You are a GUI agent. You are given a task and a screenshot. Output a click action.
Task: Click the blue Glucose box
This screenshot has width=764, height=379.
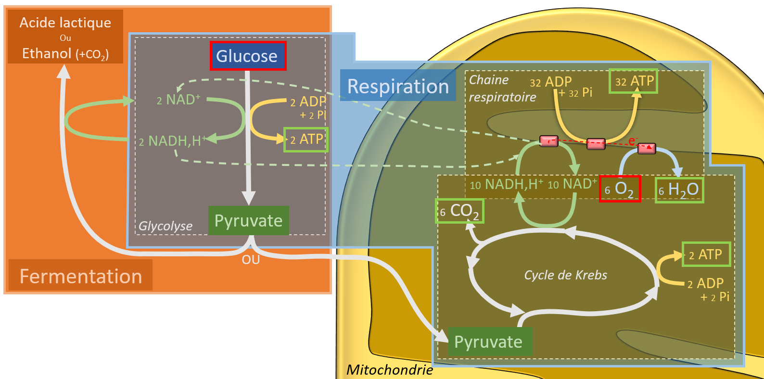point(248,56)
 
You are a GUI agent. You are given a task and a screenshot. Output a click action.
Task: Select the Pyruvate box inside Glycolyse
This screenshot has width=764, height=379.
point(249,220)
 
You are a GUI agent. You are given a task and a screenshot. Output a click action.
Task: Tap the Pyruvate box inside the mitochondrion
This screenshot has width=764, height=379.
point(490,341)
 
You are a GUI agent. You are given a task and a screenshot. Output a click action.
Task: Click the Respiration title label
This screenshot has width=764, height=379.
point(398,86)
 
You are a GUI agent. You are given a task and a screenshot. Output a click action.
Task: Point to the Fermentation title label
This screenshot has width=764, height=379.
point(80,276)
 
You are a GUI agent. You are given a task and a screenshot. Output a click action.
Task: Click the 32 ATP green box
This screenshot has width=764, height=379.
point(633,81)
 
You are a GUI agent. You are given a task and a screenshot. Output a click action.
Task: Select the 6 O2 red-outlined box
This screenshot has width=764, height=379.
point(620,189)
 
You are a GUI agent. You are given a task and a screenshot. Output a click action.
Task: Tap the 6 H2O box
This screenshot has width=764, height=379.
point(679,190)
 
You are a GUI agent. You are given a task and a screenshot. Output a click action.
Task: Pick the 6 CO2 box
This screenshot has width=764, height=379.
point(460,211)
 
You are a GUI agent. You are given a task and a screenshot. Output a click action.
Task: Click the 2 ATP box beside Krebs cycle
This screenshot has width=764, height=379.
point(706,254)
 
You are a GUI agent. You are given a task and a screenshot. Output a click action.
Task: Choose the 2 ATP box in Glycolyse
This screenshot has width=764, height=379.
point(306,139)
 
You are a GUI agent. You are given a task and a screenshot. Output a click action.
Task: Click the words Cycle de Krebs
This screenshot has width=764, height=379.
point(565,275)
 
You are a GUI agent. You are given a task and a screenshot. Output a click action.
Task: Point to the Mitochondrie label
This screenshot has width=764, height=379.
point(390,370)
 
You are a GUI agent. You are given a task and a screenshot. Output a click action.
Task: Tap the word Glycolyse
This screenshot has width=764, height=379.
point(166,226)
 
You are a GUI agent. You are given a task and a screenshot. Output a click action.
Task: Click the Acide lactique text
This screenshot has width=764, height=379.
point(65,23)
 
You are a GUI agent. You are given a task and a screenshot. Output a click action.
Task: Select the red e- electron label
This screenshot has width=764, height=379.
point(633,140)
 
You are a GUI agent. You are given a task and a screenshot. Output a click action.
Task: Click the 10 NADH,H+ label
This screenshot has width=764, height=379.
point(506,184)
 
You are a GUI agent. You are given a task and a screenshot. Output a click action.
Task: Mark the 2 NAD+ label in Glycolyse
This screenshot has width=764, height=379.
point(178,100)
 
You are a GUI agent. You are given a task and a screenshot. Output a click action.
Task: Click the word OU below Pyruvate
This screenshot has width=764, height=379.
point(251,260)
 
